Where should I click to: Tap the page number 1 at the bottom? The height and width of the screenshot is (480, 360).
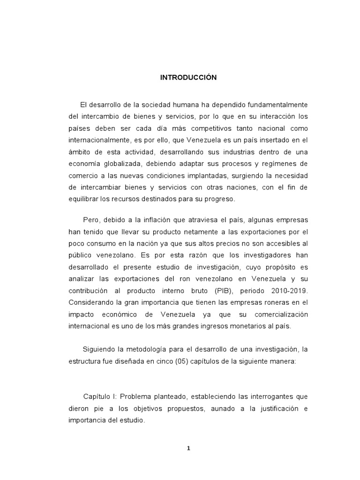pyautogui.click(x=188, y=448)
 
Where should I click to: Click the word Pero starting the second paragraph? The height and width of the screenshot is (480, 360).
pyautogui.click(x=91, y=219)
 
